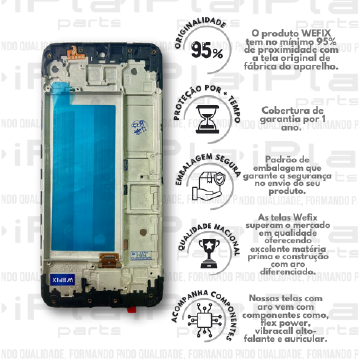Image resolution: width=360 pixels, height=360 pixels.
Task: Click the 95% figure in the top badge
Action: click(x=206, y=51)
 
